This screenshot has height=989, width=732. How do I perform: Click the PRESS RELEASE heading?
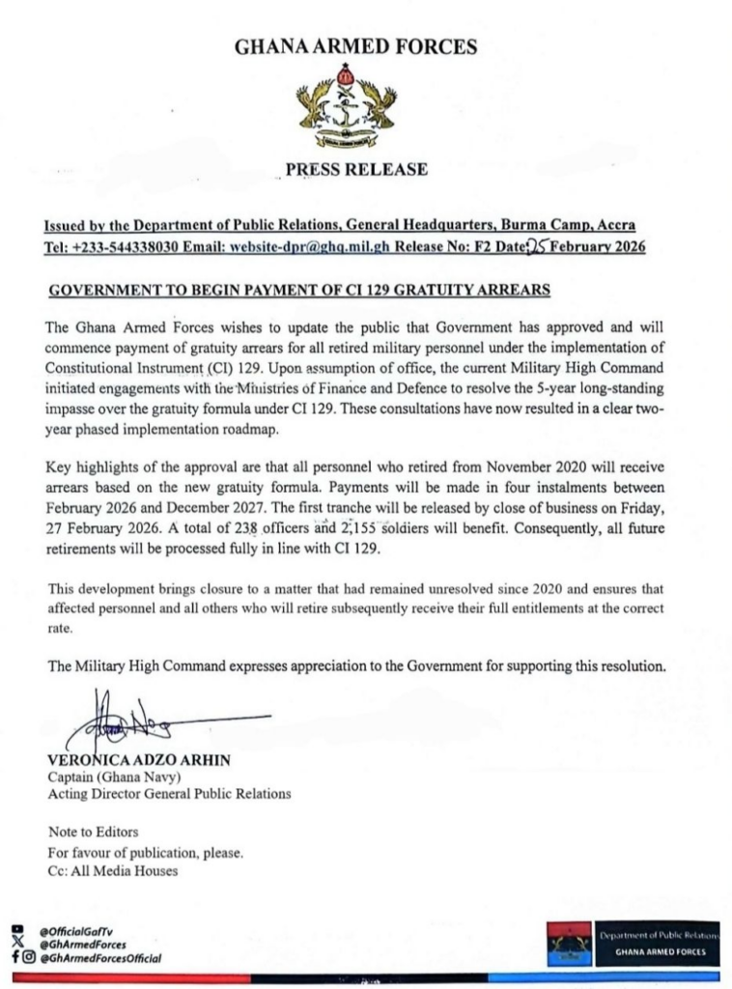click(355, 170)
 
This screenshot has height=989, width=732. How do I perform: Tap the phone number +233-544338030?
click(143, 246)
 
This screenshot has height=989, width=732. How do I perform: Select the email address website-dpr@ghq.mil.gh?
click(309, 246)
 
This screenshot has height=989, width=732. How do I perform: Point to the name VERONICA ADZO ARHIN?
click(140, 760)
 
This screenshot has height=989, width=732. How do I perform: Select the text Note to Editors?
click(94, 831)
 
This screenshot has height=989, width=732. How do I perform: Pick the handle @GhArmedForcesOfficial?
click(100, 958)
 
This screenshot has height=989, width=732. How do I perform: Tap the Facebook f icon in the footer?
click(15, 958)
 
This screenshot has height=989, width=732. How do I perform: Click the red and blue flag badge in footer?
click(569, 945)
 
